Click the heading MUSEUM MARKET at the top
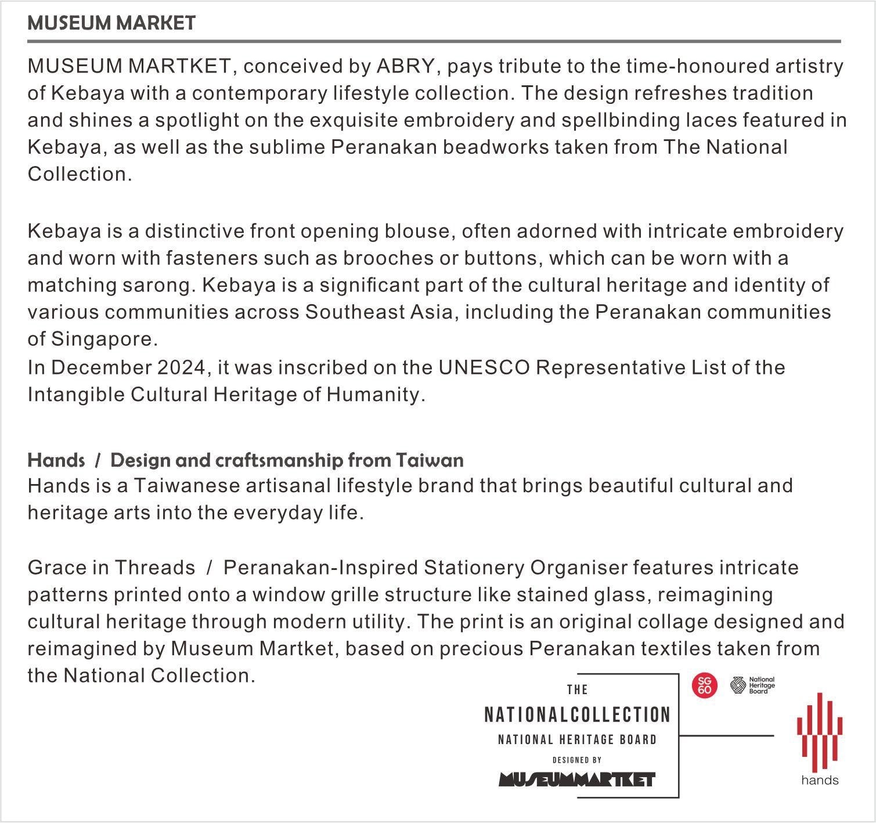pyautogui.click(x=111, y=23)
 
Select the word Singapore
pyautogui.click(x=104, y=339)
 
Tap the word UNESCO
pyautogui.click(x=484, y=368)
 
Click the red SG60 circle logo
pyautogui.click(x=704, y=685)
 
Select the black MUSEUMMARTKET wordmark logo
pyautogui.click(x=577, y=779)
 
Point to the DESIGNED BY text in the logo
pyautogui.click(x=577, y=760)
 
